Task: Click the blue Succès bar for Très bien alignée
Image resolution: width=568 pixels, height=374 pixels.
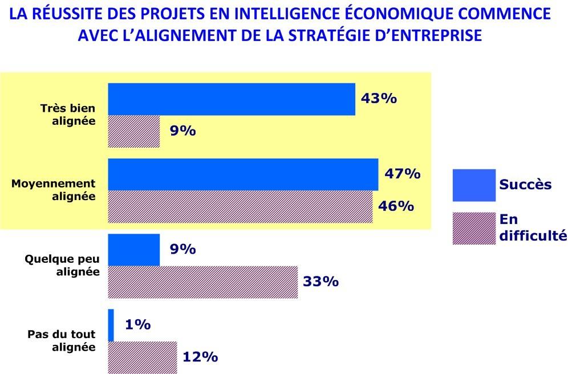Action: (232, 99)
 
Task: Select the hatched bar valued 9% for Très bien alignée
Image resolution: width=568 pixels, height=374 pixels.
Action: (134, 132)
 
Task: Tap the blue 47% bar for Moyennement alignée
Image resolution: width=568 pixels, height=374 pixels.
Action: (243, 174)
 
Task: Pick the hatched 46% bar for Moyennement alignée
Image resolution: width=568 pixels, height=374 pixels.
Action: (240, 206)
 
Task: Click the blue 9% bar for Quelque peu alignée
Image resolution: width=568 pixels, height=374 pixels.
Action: (134, 250)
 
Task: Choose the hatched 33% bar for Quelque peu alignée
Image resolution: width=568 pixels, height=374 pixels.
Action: (203, 282)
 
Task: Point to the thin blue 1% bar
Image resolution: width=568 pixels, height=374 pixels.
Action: (111, 325)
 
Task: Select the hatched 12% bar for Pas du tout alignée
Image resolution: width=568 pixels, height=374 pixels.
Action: (143, 357)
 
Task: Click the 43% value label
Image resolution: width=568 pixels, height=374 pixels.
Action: (379, 98)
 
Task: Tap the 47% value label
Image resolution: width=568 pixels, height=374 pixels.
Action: (402, 173)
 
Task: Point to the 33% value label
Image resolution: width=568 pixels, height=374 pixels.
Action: (321, 282)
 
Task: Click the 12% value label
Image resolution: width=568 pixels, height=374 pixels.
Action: (200, 357)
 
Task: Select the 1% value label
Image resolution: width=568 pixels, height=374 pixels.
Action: (137, 325)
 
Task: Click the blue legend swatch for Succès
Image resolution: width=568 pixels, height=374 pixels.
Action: (473, 185)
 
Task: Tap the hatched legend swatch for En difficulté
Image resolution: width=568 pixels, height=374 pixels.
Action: (473, 228)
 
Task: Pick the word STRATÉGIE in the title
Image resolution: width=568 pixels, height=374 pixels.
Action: (363, 35)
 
